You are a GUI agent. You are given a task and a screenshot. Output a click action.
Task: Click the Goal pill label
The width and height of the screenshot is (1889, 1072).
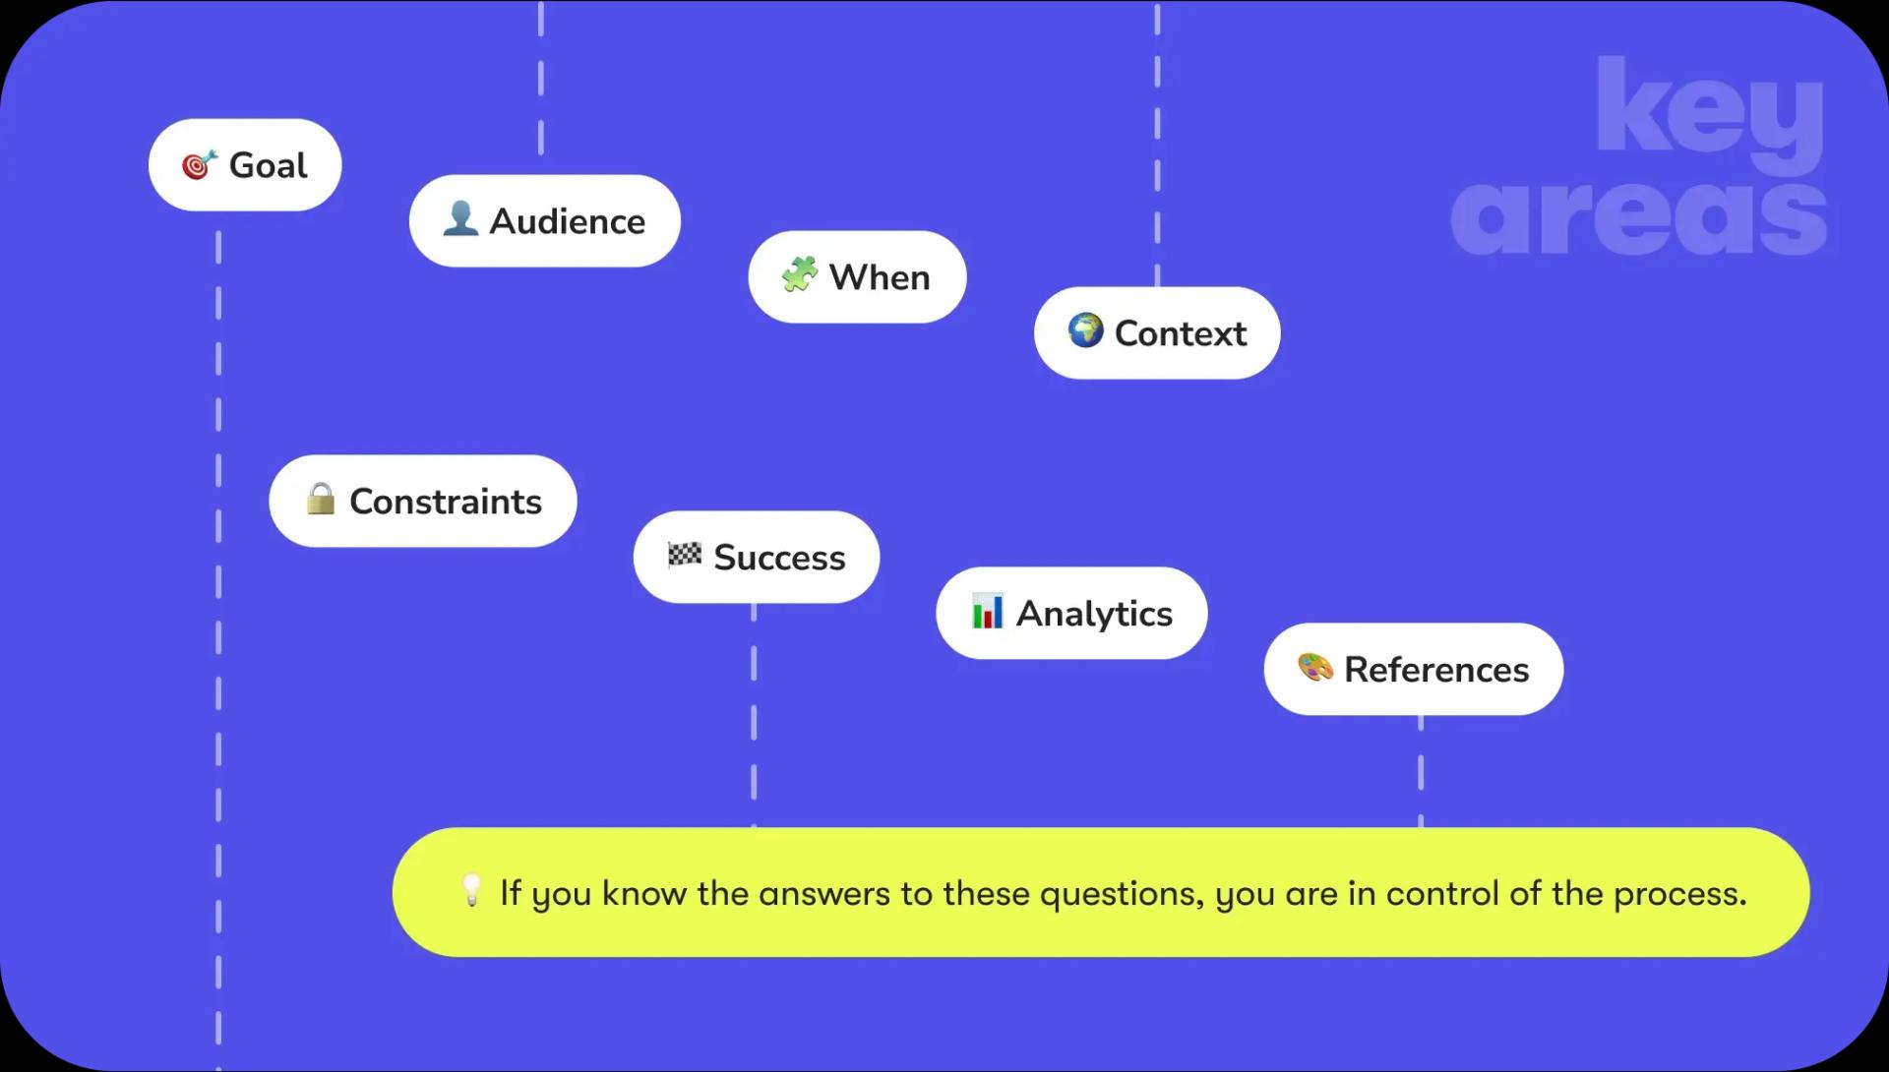click(245, 165)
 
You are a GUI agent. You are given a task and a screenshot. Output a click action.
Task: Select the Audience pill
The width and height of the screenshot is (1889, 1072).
click(545, 221)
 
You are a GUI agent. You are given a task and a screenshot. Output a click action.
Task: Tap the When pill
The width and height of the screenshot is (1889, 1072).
click(857, 277)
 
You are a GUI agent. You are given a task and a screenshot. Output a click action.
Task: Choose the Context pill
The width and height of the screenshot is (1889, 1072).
click(1157, 333)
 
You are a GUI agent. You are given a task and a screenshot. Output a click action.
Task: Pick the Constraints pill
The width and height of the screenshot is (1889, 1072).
click(423, 502)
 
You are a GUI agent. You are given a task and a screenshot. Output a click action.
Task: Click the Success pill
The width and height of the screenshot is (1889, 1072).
click(757, 558)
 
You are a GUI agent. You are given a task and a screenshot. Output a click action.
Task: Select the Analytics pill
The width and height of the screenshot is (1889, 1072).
click(1071, 614)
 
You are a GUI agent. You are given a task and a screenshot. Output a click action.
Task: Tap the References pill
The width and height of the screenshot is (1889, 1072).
click(1414, 670)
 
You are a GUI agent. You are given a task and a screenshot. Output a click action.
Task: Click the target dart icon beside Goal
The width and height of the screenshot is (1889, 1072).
click(200, 165)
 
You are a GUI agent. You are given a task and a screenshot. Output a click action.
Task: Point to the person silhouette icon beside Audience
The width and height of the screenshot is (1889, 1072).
click(460, 218)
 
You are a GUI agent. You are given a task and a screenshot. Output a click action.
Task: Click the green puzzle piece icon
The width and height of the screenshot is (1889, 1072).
click(800, 274)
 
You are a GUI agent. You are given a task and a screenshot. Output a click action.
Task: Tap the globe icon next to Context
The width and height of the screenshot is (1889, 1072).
click(1086, 330)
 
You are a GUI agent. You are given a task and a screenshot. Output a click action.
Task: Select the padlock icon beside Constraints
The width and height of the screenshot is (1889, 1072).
click(320, 499)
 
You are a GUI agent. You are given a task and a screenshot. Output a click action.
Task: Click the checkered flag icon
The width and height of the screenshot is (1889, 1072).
click(685, 555)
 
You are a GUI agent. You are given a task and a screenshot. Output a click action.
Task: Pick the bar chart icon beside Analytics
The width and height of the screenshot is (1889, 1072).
click(987, 611)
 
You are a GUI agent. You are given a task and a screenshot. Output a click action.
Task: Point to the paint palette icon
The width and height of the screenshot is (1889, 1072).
click(1315, 668)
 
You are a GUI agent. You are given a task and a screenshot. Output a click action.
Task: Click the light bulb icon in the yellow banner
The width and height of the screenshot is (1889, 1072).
click(472, 890)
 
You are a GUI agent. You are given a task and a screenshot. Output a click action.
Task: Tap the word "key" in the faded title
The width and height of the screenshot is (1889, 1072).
click(1710, 114)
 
